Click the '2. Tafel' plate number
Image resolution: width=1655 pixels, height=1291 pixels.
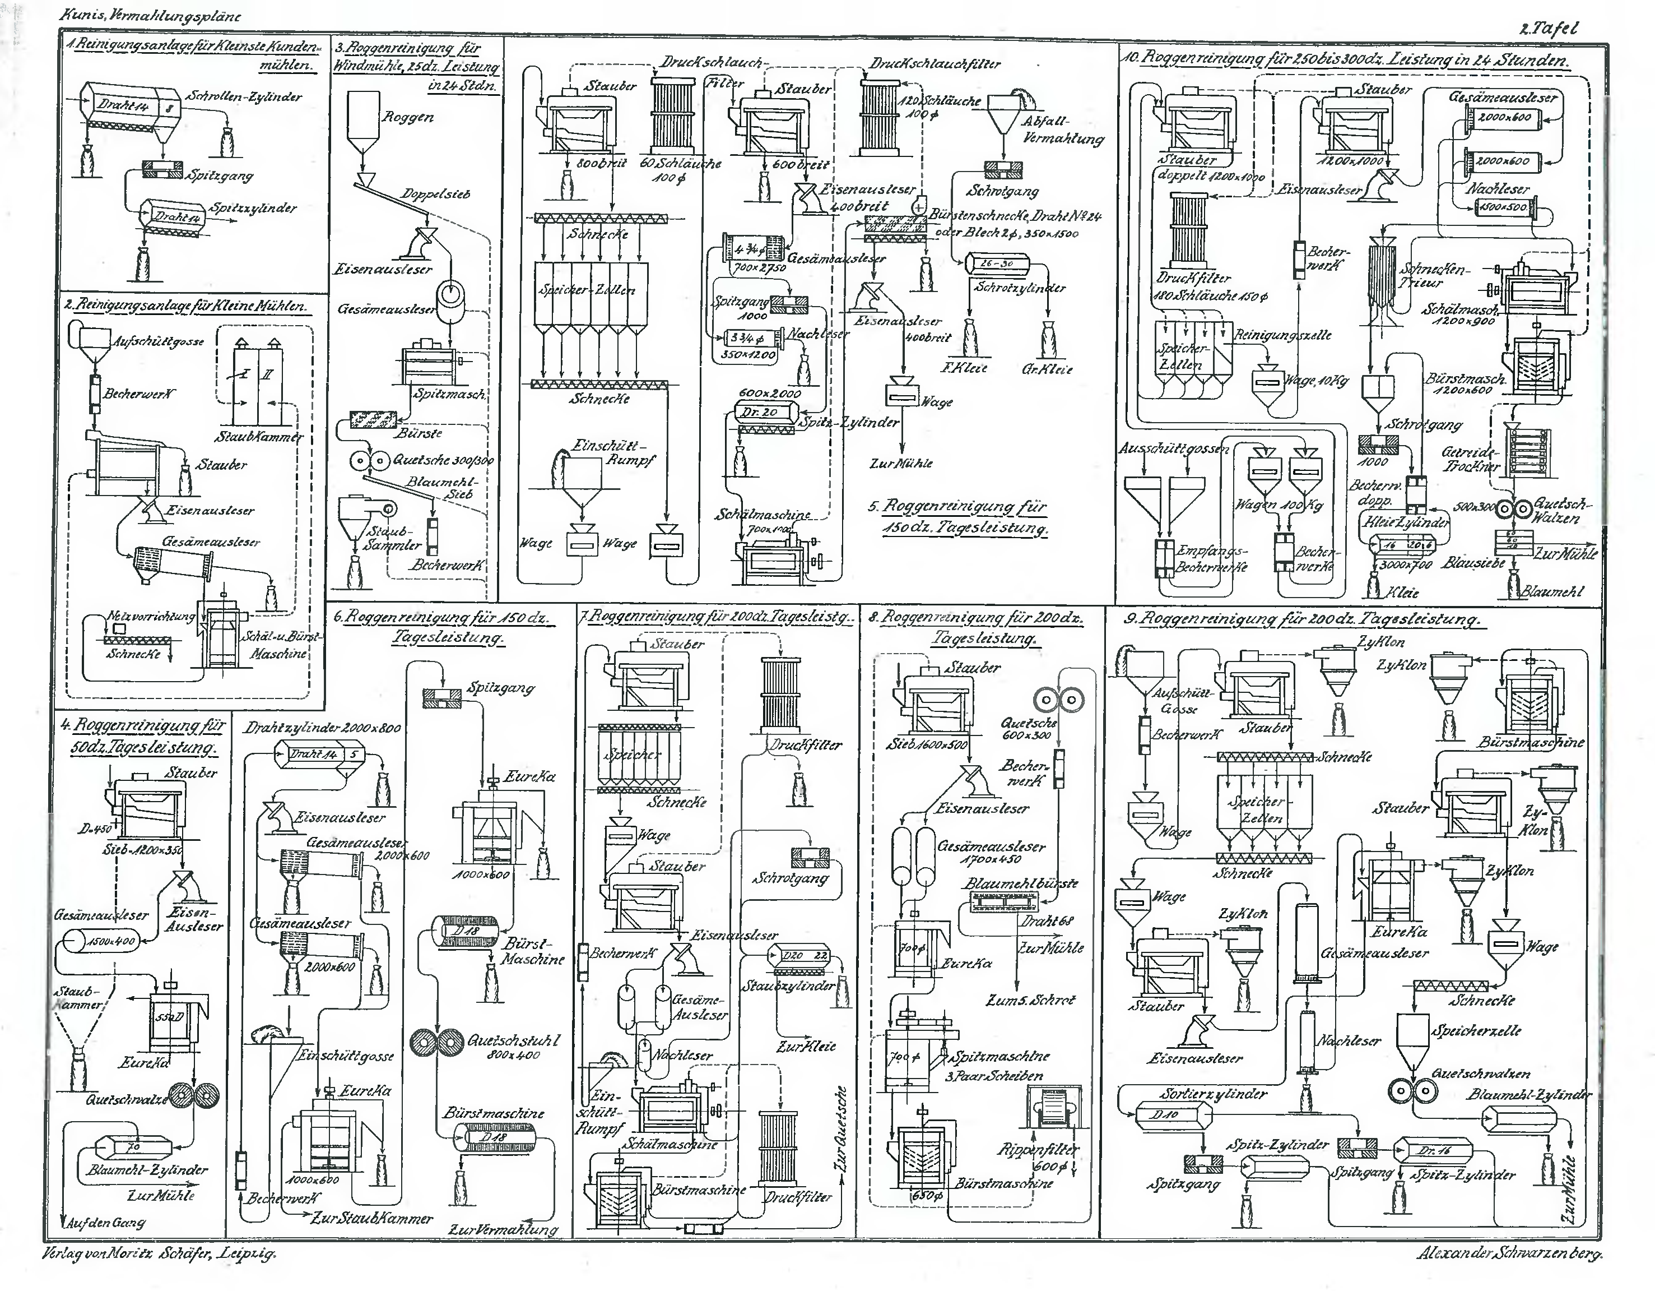[x=1548, y=29]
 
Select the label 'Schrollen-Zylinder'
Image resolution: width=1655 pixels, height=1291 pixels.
[x=244, y=97]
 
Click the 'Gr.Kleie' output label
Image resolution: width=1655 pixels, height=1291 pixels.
[x=1047, y=369]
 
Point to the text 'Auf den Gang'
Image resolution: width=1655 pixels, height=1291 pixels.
[x=105, y=1222]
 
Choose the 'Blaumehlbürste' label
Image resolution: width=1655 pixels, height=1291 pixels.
[x=1020, y=884]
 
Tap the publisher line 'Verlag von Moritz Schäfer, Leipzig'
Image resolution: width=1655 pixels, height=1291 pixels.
[x=159, y=1254]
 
